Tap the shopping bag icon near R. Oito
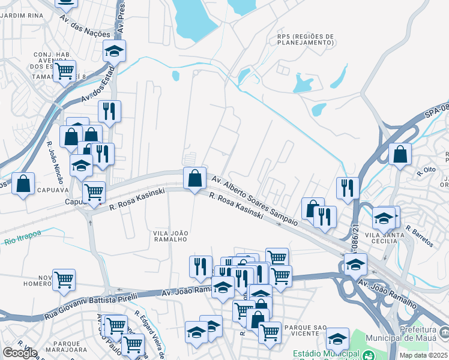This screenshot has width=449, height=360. coord(400,154)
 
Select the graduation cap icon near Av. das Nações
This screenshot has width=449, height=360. coord(114,52)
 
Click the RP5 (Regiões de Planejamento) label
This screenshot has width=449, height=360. coord(306,40)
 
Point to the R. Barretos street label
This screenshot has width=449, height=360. coord(419,236)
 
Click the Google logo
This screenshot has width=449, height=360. coord(20,353)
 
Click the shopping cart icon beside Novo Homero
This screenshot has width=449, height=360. coord(64,279)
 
